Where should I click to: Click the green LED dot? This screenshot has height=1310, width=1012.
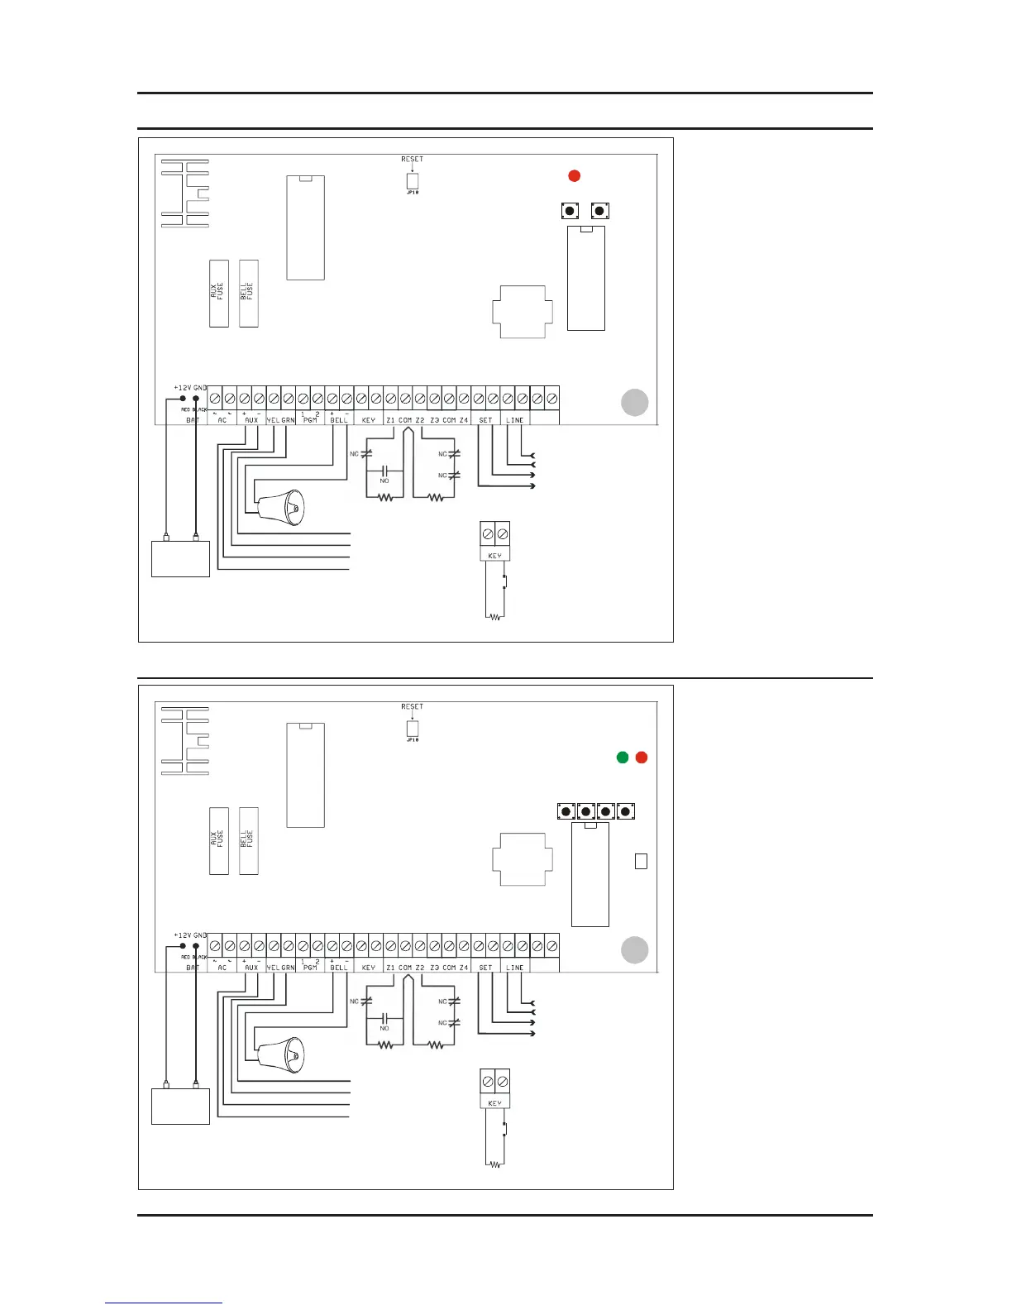click(x=623, y=757)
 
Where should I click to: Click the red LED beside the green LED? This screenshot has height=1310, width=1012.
click(x=642, y=757)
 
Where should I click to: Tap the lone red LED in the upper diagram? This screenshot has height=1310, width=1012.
click(x=575, y=175)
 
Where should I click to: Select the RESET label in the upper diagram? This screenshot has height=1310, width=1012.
click(x=412, y=159)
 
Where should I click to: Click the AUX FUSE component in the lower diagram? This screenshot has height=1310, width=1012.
click(x=219, y=840)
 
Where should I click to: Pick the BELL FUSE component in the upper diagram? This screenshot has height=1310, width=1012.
click(x=248, y=293)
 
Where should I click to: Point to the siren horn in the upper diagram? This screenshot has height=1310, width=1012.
click(x=281, y=507)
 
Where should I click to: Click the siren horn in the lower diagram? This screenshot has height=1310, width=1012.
click(x=281, y=1054)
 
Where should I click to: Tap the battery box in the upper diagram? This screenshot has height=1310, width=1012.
click(x=180, y=558)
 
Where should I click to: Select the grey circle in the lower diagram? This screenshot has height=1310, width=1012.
click(x=635, y=950)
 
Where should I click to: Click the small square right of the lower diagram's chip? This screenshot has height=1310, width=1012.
click(x=641, y=861)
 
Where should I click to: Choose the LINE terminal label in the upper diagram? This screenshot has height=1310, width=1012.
click(x=514, y=420)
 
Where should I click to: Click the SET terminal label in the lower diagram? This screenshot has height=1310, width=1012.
click(x=485, y=968)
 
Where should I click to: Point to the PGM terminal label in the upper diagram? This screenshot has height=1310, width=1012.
click(x=310, y=420)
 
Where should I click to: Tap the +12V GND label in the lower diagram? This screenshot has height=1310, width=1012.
click(x=190, y=935)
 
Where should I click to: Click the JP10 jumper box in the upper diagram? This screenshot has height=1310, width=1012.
click(x=412, y=181)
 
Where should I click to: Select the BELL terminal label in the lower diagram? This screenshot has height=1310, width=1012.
click(x=339, y=968)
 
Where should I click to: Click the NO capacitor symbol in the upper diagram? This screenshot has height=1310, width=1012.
click(x=384, y=471)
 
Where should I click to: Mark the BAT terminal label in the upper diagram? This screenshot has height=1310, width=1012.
click(x=193, y=420)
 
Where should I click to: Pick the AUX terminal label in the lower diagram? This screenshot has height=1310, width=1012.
click(x=251, y=968)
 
